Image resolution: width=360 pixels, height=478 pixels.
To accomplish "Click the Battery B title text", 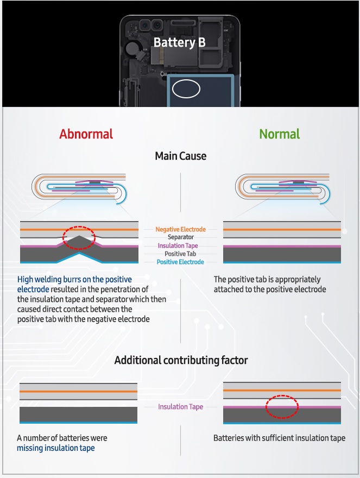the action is click(x=180, y=42).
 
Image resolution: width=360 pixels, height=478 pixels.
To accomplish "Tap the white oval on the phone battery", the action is click(x=186, y=80).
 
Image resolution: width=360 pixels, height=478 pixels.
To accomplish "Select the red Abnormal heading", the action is click(x=86, y=134).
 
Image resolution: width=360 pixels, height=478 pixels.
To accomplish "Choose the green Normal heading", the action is click(x=280, y=134).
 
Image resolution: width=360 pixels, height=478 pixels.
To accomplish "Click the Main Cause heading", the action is click(x=180, y=156).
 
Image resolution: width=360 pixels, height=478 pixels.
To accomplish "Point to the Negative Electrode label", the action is click(x=180, y=229).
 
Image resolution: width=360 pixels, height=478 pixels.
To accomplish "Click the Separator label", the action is click(x=180, y=237).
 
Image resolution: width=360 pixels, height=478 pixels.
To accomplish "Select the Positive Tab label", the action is click(x=180, y=254).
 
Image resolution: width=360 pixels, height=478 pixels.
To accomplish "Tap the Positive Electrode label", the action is click(x=180, y=262).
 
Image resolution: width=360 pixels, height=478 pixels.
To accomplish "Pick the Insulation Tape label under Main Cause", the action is click(x=178, y=246).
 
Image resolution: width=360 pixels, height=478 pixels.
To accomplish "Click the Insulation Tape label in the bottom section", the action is click(x=180, y=407).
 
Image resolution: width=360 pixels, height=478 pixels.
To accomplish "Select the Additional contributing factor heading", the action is click(x=181, y=360).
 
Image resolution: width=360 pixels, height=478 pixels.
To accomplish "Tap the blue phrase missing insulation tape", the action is click(x=56, y=448).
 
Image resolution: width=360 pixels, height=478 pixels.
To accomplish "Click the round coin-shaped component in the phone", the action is click(x=132, y=47).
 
